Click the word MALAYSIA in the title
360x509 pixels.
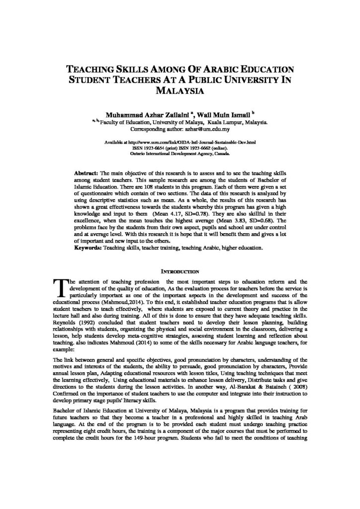click(180, 91)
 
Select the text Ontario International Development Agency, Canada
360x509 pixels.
click(180, 154)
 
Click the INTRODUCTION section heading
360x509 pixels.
click(180, 271)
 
